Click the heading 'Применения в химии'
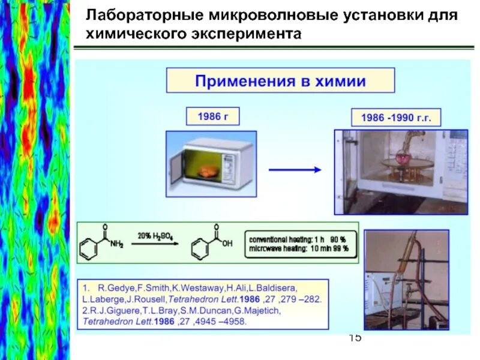click(x=280, y=81)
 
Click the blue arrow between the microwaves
click(x=294, y=170)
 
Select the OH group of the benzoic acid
click(x=226, y=244)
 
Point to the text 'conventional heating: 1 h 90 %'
click(x=302, y=238)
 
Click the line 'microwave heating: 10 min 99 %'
click(x=302, y=248)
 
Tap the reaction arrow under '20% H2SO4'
click(x=155, y=244)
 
